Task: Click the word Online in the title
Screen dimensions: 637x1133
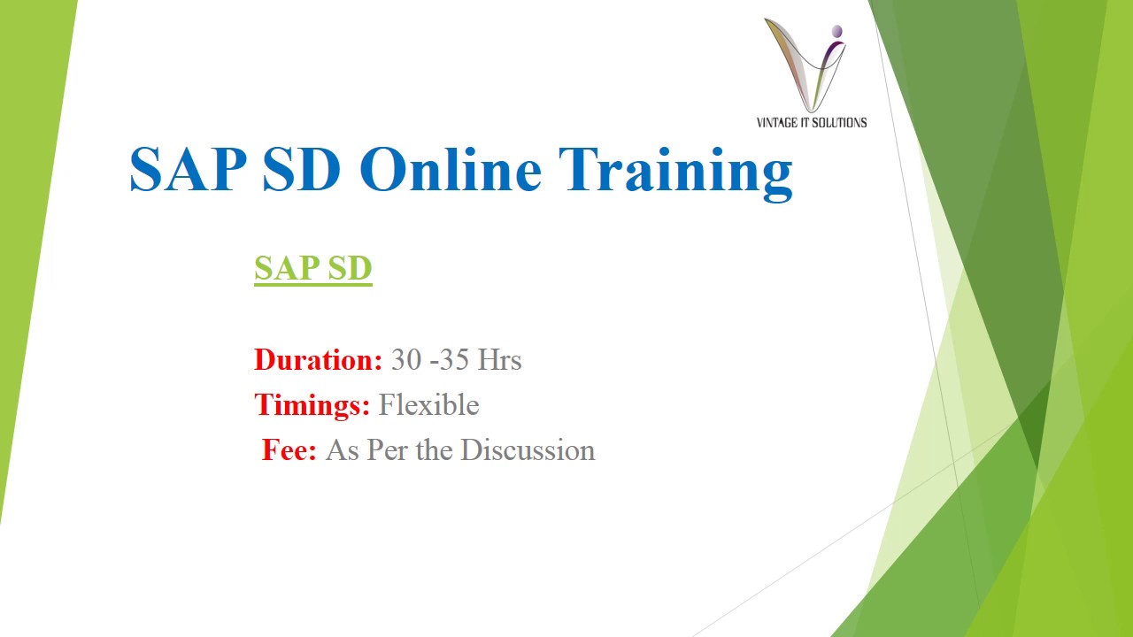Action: [x=450, y=170]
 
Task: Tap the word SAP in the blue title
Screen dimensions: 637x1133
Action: [x=187, y=170]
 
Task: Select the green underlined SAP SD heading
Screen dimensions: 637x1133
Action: [x=312, y=268]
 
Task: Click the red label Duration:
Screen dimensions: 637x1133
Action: [x=318, y=360]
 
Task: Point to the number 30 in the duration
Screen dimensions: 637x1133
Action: [x=406, y=360]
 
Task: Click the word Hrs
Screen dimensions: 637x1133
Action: [x=499, y=360]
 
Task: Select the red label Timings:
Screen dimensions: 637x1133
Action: [x=312, y=405]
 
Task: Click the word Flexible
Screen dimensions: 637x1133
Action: [x=428, y=405]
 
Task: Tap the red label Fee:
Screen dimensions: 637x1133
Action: [x=289, y=450]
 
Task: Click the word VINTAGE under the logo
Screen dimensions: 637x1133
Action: [x=778, y=123]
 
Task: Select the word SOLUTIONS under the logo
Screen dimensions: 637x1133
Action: [x=839, y=123]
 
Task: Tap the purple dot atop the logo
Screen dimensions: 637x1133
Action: [x=837, y=32]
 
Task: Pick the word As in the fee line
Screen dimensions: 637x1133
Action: [x=342, y=450]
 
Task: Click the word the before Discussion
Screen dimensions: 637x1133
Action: [x=434, y=450]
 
